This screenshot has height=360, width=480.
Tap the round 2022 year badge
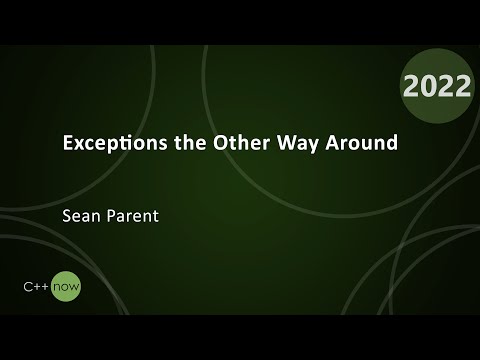click(436, 86)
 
